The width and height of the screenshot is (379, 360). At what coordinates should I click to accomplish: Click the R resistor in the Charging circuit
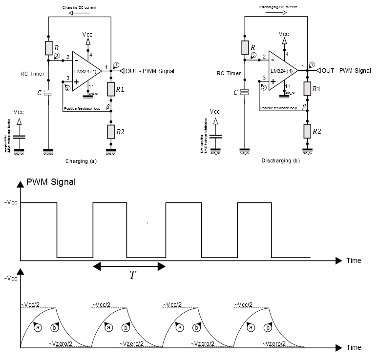pyautogui.click(x=48, y=48)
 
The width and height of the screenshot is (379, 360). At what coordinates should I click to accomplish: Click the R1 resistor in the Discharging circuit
pyautogui.click(x=307, y=89)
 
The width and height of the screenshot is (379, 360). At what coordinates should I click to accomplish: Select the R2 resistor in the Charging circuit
pyautogui.click(x=111, y=131)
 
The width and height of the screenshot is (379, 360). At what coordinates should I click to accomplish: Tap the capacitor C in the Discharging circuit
pyautogui.click(x=244, y=92)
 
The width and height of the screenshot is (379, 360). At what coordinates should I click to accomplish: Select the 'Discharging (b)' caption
pyautogui.click(x=281, y=160)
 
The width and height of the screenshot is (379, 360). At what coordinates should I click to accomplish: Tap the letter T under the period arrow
pyautogui.click(x=132, y=275)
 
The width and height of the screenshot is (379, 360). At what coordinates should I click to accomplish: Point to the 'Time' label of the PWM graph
pyautogui.click(x=354, y=260)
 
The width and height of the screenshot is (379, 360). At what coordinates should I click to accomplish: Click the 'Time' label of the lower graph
pyautogui.click(x=354, y=348)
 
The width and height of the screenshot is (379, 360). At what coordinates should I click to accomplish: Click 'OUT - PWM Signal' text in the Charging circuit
pyautogui.click(x=149, y=71)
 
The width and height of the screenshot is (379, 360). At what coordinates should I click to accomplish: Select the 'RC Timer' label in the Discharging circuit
pyautogui.click(x=229, y=74)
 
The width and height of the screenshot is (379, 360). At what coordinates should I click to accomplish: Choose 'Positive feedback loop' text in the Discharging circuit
pyautogui.click(x=278, y=108)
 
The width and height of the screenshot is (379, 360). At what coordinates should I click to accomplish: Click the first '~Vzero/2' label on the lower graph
pyautogui.click(x=61, y=344)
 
